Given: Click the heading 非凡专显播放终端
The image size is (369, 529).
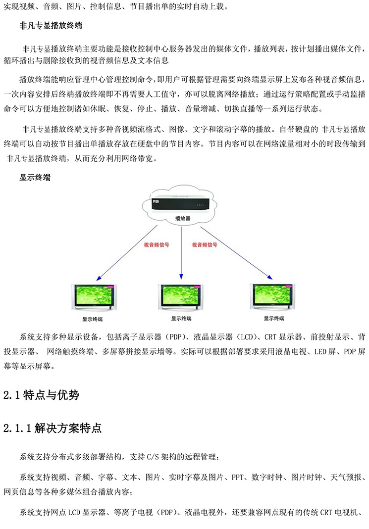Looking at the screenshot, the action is click(x=51, y=26).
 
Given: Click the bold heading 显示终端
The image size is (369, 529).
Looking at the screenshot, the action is click(x=35, y=178).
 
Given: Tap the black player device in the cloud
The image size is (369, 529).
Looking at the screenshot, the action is click(x=181, y=202).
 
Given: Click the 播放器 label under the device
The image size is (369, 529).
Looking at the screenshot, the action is click(x=183, y=218).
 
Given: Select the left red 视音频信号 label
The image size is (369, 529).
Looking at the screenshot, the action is click(x=157, y=245).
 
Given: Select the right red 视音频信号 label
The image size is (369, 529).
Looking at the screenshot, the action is click(x=205, y=245).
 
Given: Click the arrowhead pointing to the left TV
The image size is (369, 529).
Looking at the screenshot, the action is click(x=98, y=278).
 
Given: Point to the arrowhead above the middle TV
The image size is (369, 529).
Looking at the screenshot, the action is click(x=181, y=277).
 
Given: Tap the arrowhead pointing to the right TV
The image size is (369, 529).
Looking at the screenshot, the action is click(x=269, y=277).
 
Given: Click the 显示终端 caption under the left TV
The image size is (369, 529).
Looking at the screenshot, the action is click(x=93, y=319).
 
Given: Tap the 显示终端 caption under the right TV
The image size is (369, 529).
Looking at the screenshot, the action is click(x=274, y=318).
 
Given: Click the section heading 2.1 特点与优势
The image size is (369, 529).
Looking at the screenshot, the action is click(x=41, y=395).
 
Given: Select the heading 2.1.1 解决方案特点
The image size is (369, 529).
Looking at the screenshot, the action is click(x=53, y=429).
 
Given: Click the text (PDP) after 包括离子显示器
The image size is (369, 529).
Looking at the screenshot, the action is click(x=176, y=337).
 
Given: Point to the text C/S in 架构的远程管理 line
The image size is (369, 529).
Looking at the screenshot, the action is click(x=153, y=457).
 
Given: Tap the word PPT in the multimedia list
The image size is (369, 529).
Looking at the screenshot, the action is click(x=238, y=478).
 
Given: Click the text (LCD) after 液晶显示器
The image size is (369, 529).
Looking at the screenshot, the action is click(x=245, y=337).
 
